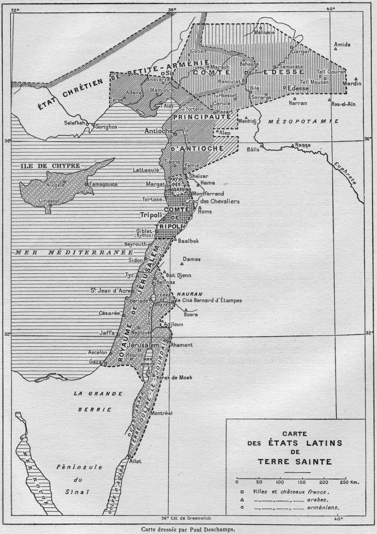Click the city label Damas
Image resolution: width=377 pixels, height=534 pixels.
192,259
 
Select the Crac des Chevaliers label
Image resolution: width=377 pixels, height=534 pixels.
216,202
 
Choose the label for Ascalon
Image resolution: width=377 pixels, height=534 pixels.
98,352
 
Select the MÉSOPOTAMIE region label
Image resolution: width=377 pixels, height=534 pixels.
304,121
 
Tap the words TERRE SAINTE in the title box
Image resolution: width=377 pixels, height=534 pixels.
295,461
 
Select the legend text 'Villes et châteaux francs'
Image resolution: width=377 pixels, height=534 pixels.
290,492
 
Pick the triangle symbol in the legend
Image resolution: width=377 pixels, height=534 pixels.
241,500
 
